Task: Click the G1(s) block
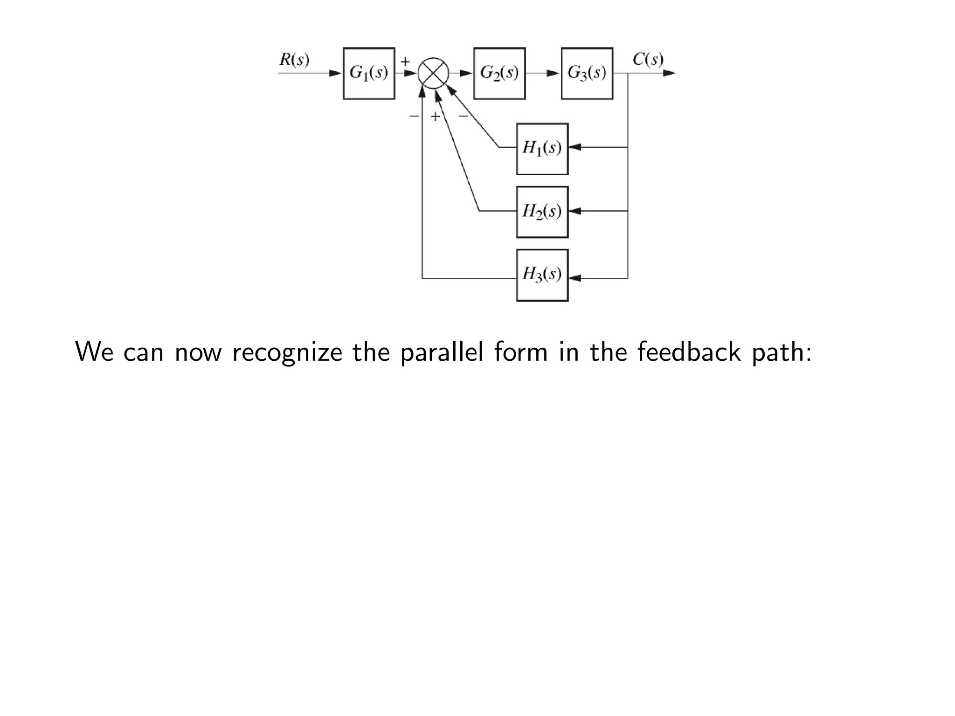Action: point(369,73)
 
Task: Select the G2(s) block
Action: point(499,73)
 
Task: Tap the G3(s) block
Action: point(587,73)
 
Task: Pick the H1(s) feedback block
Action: point(542,149)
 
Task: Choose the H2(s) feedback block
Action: point(542,212)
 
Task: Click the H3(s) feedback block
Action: point(542,275)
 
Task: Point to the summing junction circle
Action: point(433,73)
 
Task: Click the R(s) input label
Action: point(294,60)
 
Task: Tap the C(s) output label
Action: point(648,60)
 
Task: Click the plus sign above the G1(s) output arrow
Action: point(405,61)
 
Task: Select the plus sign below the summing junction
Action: point(435,117)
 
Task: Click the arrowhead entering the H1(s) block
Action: point(575,147)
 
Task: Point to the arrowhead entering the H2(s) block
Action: point(575,211)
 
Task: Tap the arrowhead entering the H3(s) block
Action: point(575,278)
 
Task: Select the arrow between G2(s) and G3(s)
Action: point(544,73)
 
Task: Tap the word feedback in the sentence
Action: point(689,352)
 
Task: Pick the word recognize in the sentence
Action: point(287,352)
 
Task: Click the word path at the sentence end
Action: point(780,352)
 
